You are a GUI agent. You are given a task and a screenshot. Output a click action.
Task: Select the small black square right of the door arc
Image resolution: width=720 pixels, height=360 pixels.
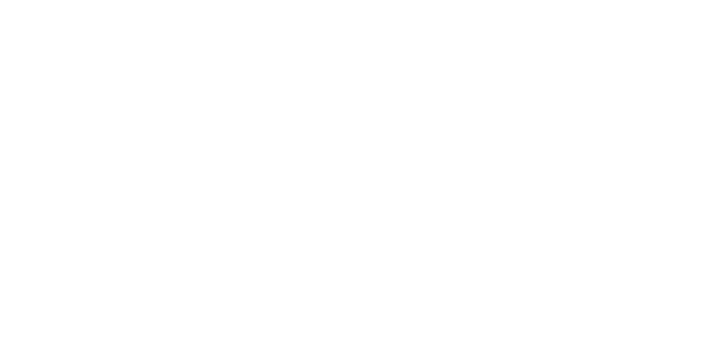pyautogui.click(x=279, y=270)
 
